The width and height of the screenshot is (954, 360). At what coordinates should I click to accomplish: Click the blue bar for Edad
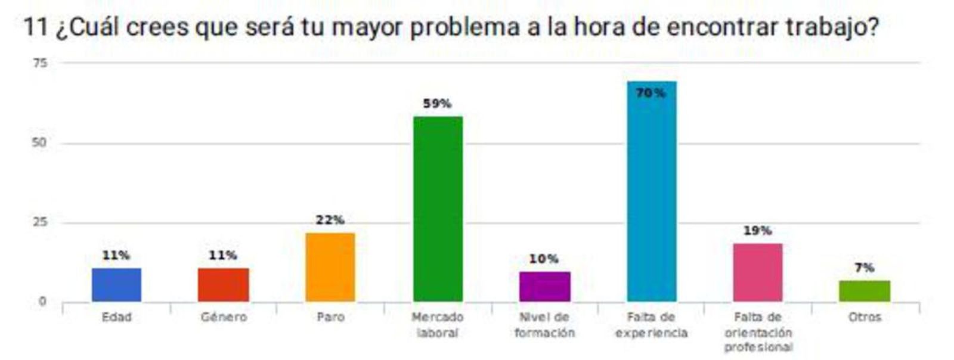[x=116, y=285]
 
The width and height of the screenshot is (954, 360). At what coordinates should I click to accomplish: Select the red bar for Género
[x=223, y=285]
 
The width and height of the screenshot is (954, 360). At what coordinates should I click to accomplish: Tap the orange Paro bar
[x=330, y=267]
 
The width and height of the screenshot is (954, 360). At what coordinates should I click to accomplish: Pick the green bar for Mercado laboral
[x=438, y=209]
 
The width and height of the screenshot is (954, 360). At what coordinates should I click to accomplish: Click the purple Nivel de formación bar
[x=544, y=287]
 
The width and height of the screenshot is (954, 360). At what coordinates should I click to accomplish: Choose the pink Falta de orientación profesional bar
[x=758, y=272]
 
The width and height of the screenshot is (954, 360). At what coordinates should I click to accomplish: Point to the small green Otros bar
[x=865, y=291]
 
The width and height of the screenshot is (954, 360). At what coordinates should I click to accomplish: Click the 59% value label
[x=437, y=104]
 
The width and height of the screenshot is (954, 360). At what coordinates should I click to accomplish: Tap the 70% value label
[x=651, y=93]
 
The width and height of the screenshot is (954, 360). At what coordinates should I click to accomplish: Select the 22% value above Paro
[x=330, y=220]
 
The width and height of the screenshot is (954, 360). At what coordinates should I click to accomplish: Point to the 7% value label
[x=865, y=268]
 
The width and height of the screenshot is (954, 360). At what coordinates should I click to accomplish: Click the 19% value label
[x=758, y=231]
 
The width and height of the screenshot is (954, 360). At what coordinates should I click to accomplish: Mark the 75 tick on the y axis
[x=40, y=63]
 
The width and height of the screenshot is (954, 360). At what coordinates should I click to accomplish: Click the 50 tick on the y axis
[x=39, y=143]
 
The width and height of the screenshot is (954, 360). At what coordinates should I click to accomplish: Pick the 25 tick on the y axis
[x=39, y=222]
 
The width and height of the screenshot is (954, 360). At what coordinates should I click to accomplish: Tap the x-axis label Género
[x=224, y=317]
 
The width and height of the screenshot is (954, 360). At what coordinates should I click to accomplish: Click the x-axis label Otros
[x=865, y=317]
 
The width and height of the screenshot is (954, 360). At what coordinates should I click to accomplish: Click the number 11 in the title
[x=35, y=27]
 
